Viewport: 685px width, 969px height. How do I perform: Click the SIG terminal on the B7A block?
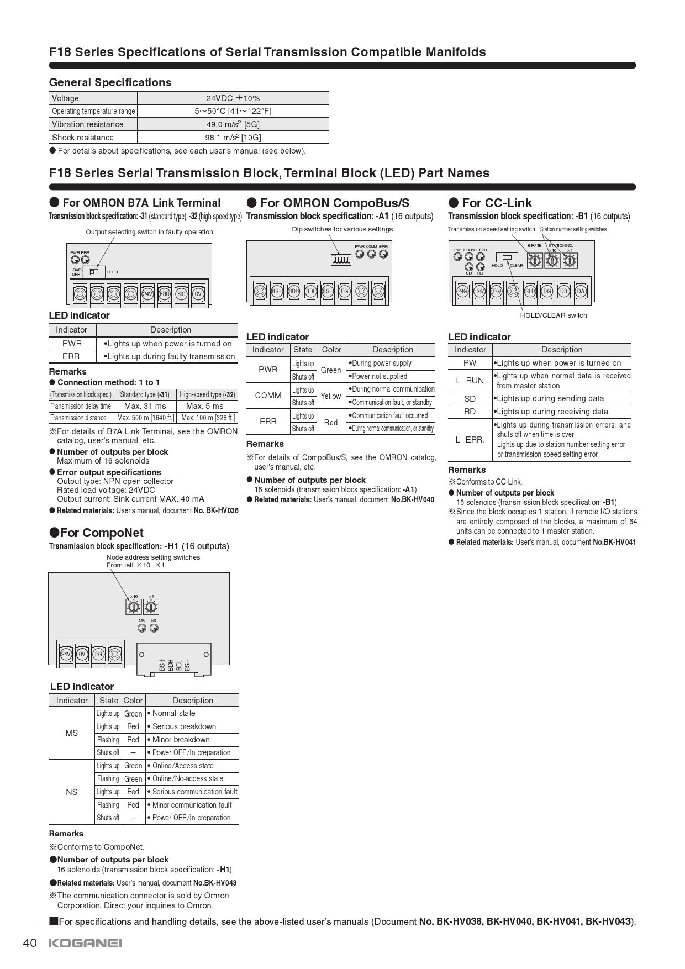[181, 294]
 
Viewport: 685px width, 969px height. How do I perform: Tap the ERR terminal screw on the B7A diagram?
[164, 294]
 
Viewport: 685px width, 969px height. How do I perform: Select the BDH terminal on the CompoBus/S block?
[294, 291]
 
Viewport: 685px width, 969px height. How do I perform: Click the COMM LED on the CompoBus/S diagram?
[371, 254]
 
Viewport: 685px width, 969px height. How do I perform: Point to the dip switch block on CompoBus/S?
[341, 259]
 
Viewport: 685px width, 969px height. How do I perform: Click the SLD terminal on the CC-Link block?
[530, 291]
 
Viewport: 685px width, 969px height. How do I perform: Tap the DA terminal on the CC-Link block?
[581, 291]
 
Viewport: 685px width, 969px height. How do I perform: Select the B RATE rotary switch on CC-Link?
[535, 260]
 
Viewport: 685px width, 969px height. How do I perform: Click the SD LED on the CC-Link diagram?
[469, 267]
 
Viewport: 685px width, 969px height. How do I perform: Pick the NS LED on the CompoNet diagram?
[154, 628]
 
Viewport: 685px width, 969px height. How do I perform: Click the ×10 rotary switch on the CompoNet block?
[134, 607]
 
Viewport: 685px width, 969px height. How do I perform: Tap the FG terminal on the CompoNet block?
[98, 654]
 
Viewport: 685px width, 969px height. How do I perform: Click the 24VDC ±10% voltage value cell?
[233, 98]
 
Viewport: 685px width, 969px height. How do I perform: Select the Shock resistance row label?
[83, 138]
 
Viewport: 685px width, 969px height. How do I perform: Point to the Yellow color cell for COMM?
[331, 396]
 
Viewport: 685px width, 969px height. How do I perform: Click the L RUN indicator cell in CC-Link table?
[470, 381]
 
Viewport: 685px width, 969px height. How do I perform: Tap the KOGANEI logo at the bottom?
[86, 943]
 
